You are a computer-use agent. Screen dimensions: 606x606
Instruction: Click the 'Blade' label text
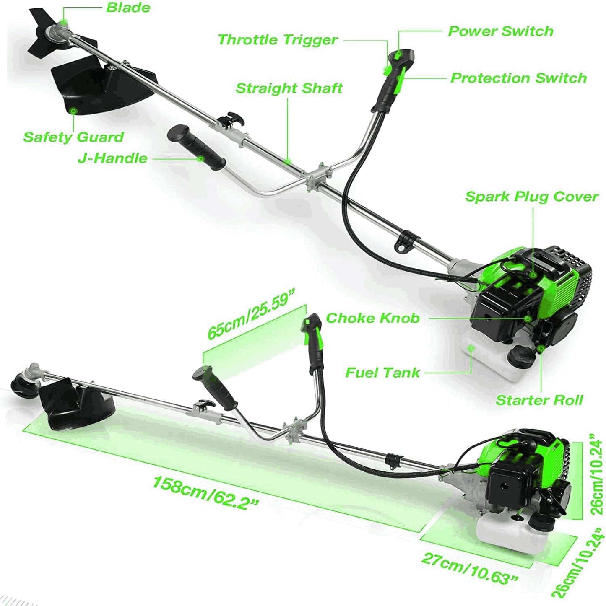coord(128,8)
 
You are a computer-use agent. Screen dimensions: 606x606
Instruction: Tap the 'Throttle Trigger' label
coord(278,40)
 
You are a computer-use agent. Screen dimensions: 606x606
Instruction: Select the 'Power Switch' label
coord(500,31)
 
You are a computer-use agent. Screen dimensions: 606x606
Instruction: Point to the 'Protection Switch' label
coord(518,78)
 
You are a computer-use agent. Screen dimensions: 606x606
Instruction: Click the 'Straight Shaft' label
coord(289,88)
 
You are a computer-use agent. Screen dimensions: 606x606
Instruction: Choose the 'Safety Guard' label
coord(73,137)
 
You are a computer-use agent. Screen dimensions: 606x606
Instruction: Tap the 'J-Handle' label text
coord(112,158)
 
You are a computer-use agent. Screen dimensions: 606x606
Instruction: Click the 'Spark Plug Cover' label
coord(531,197)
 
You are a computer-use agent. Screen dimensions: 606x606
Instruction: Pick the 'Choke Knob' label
coord(372,318)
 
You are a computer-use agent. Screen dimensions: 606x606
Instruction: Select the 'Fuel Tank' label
coord(382,373)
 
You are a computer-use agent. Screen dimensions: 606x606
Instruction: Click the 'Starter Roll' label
coord(539,400)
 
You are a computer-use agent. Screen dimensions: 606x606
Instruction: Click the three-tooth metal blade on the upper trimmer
coord(44,31)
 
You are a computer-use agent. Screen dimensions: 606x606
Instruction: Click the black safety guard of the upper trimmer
coord(101,84)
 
